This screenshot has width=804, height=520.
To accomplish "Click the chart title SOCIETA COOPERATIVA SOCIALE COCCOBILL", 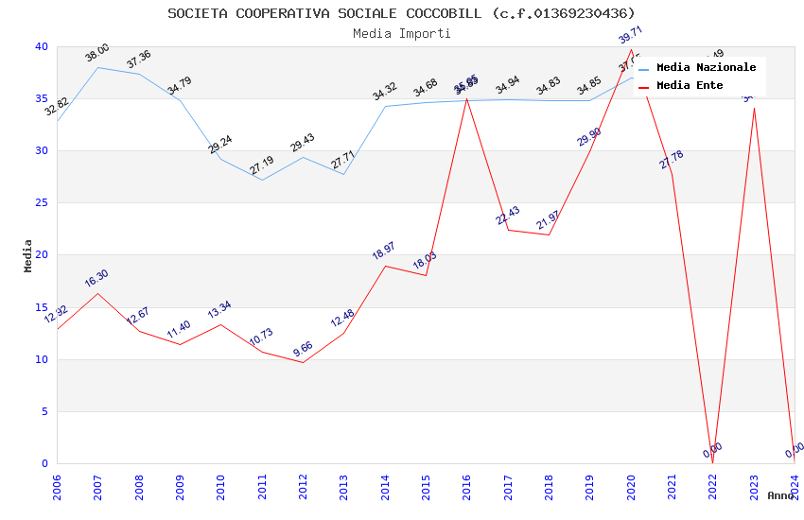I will (401, 13).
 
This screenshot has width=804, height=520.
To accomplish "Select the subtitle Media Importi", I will (401, 33).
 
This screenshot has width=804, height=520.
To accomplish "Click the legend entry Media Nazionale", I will (706, 68).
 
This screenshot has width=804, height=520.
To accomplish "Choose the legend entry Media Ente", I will (690, 86).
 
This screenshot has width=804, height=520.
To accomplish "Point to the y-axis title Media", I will (28, 255).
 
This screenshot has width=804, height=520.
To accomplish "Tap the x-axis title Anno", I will (780, 495).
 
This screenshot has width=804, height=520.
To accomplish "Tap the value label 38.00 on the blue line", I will (96, 53).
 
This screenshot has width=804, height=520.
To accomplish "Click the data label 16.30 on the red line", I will (96, 278).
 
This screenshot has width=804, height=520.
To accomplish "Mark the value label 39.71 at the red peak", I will (630, 35).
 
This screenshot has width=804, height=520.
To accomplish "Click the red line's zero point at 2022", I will (712, 462).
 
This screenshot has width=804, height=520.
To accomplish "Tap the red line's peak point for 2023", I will (754, 108).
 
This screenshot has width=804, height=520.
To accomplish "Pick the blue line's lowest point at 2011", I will (262, 180).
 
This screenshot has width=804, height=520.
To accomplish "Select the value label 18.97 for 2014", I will (384, 251).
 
